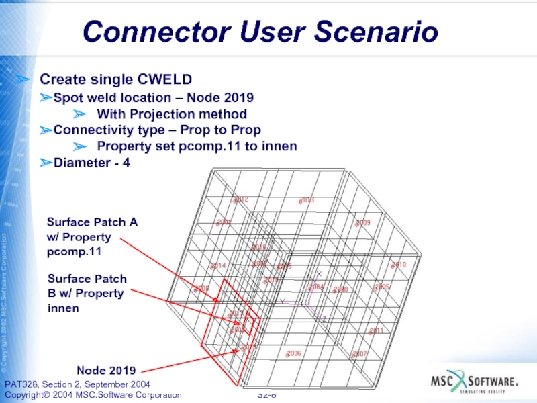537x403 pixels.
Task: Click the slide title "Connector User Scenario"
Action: (260, 32)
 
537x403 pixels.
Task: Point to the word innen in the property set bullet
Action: (279, 146)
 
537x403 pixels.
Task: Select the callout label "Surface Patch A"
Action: (92, 222)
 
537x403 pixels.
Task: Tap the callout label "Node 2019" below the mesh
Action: (106, 370)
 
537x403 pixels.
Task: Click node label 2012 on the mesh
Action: (242, 199)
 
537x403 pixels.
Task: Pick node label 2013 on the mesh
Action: (307, 200)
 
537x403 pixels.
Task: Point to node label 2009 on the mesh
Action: (363, 222)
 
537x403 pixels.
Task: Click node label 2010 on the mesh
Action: (399, 265)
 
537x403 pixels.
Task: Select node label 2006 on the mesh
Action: (293, 353)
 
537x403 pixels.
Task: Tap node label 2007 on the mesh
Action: (360, 353)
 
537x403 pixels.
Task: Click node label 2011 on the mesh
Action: (376, 330)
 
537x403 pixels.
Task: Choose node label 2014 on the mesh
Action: (219, 266)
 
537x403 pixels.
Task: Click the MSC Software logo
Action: (475, 382)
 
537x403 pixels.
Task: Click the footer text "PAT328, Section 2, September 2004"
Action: (77, 384)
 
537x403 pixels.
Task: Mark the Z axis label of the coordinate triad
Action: (324, 319)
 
